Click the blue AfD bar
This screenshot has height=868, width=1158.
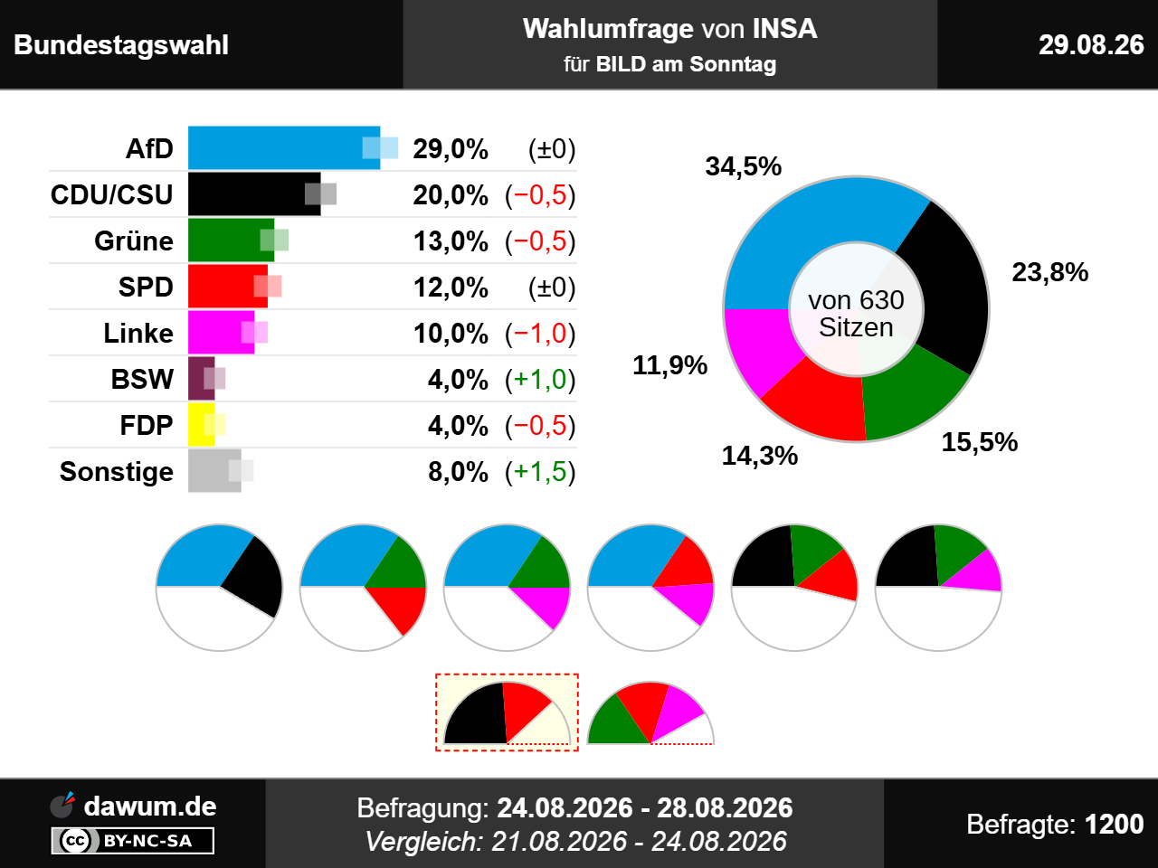point(284,148)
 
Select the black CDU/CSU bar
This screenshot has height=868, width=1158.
point(254,193)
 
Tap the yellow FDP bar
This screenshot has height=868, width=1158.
point(202,424)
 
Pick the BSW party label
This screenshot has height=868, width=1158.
point(142,379)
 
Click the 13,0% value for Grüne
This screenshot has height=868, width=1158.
point(451,241)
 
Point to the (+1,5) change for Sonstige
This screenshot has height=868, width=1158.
point(540,472)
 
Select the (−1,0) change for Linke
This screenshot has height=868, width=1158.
point(540,334)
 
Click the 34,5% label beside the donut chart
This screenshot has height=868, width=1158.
point(744,166)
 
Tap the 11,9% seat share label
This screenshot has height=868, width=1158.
point(670,365)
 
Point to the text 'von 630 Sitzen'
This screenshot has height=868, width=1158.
point(856,314)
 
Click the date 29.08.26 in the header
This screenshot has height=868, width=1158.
point(1091,45)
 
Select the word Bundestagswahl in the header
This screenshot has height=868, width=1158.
point(121,45)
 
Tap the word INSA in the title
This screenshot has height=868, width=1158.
point(784,28)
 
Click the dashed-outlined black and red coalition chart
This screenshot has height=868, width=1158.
point(507,712)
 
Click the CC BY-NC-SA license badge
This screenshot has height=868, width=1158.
point(132,840)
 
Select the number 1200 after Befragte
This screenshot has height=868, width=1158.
point(1115,824)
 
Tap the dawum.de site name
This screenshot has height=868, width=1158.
point(150,807)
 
